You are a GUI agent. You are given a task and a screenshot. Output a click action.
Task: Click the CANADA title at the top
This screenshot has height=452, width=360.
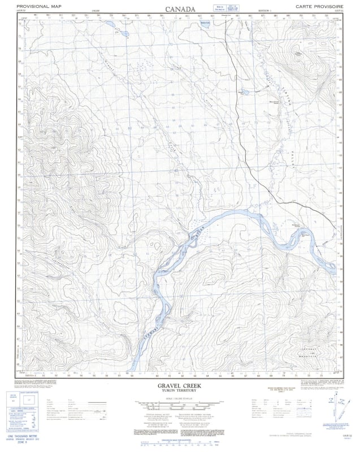(180, 10)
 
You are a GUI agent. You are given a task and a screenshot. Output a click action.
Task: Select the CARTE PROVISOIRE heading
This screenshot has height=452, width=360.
(319, 5)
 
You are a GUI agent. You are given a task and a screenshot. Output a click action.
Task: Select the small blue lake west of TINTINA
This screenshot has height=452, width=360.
(244, 91)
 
